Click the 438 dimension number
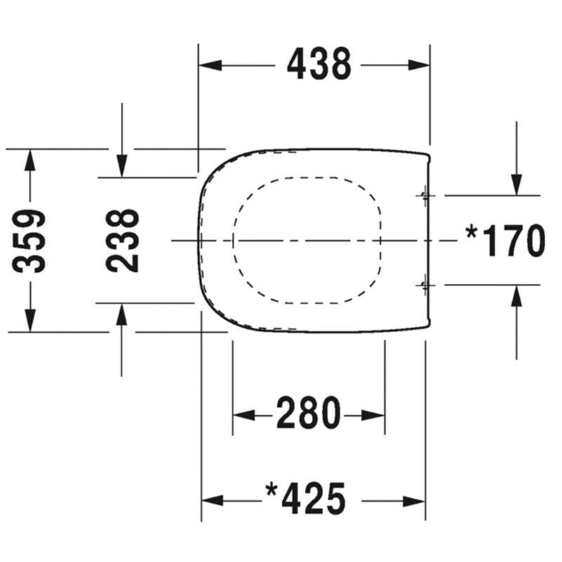[x=319, y=65]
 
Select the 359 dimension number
[x=29, y=241]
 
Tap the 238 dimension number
[x=122, y=241]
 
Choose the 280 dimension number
[x=308, y=413]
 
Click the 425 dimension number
[x=314, y=499]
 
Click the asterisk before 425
[x=271, y=490]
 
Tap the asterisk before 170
[x=471, y=233]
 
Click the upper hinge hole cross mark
[x=425, y=196]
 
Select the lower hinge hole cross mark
[x=425, y=285]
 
